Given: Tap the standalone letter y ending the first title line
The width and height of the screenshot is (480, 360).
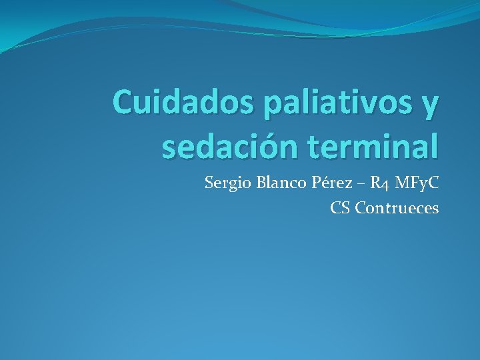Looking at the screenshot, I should click(431, 106).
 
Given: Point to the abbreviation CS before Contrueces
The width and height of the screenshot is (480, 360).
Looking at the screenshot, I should click(340, 208).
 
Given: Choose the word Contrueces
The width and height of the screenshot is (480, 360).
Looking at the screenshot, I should click(397, 208).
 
